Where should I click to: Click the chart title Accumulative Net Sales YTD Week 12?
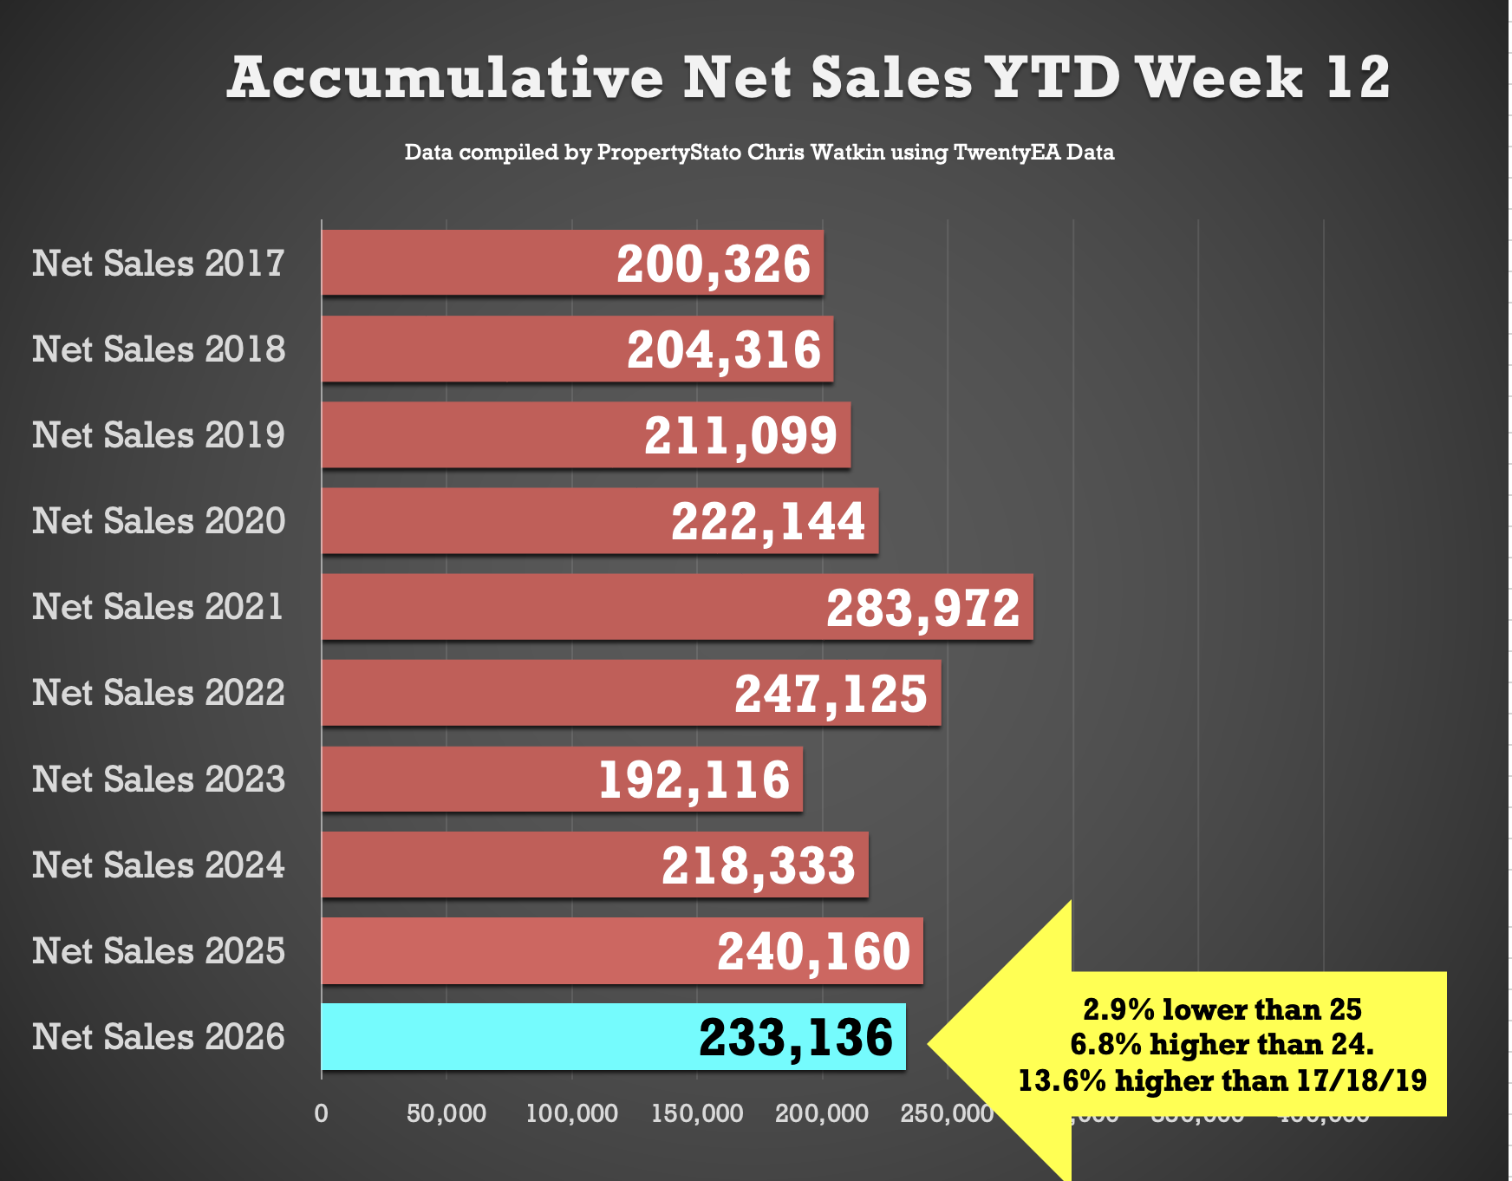pyautogui.click(x=808, y=78)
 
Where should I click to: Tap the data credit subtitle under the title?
pyautogui.click(x=759, y=153)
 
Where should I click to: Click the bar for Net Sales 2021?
pyautogui.click(x=564, y=607)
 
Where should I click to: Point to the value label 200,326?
pyautogui.click(x=714, y=264)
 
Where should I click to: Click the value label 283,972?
pyautogui.click(x=922, y=608)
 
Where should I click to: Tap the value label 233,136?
pyautogui.click(x=796, y=1037)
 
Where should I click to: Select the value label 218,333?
pyautogui.click(x=759, y=865)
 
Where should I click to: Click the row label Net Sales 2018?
pyautogui.click(x=159, y=349)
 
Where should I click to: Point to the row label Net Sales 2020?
pyautogui.click(x=159, y=521)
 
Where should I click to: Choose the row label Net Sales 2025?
pyautogui.click(x=159, y=951)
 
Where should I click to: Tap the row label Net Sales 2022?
pyautogui.click(x=159, y=693)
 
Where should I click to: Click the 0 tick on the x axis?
pyautogui.click(x=322, y=1113)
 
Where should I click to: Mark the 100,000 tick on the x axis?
pyautogui.click(x=572, y=1113)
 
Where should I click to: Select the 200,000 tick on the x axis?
pyautogui.click(x=822, y=1113)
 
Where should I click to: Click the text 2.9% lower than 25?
pyautogui.click(x=1222, y=1009)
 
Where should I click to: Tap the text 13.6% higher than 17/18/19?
pyautogui.click(x=1222, y=1080)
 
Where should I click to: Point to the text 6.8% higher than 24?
pyautogui.click(x=1222, y=1044)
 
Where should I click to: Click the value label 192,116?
pyautogui.click(x=694, y=780)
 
